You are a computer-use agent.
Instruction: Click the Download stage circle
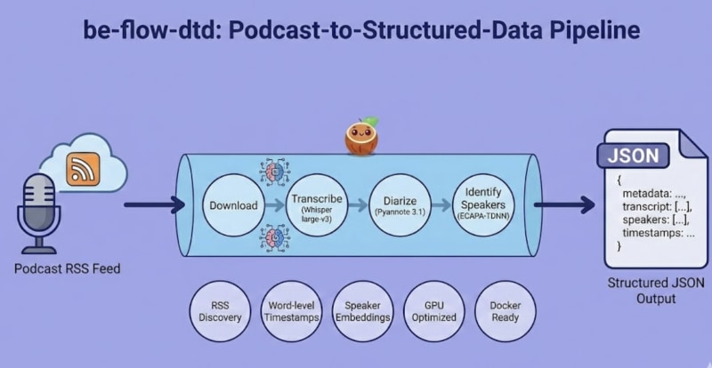click(x=233, y=205)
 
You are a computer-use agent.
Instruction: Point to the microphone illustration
click(x=39, y=209)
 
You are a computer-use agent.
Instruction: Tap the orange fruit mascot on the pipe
click(x=362, y=138)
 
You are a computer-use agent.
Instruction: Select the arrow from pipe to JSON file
click(x=562, y=206)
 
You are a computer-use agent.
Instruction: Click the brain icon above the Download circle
click(x=273, y=172)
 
